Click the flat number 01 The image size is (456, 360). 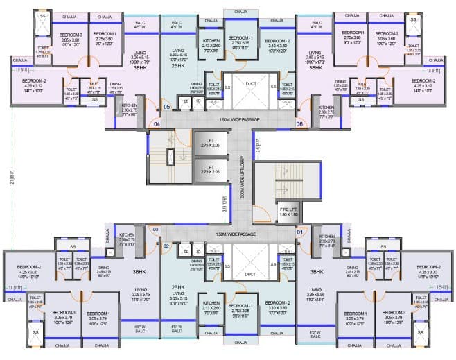(x=299, y=232)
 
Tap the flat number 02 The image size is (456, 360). (x=166, y=246)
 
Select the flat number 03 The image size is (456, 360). (x=156, y=229)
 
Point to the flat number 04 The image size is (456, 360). (x=157, y=124)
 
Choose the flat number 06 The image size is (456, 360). (x=299, y=123)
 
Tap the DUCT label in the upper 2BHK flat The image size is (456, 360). (x=251, y=85)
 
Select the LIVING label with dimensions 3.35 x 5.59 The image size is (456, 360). (x=316, y=291)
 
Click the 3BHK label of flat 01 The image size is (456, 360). (x=318, y=272)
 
